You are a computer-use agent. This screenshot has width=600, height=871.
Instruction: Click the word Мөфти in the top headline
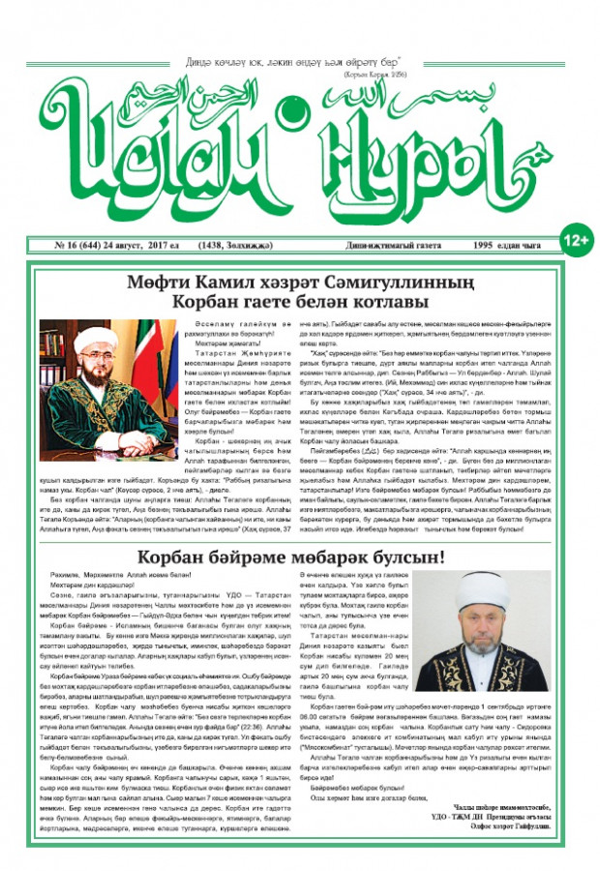click(157, 283)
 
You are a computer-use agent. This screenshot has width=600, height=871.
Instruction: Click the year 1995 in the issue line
click(474, 246)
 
